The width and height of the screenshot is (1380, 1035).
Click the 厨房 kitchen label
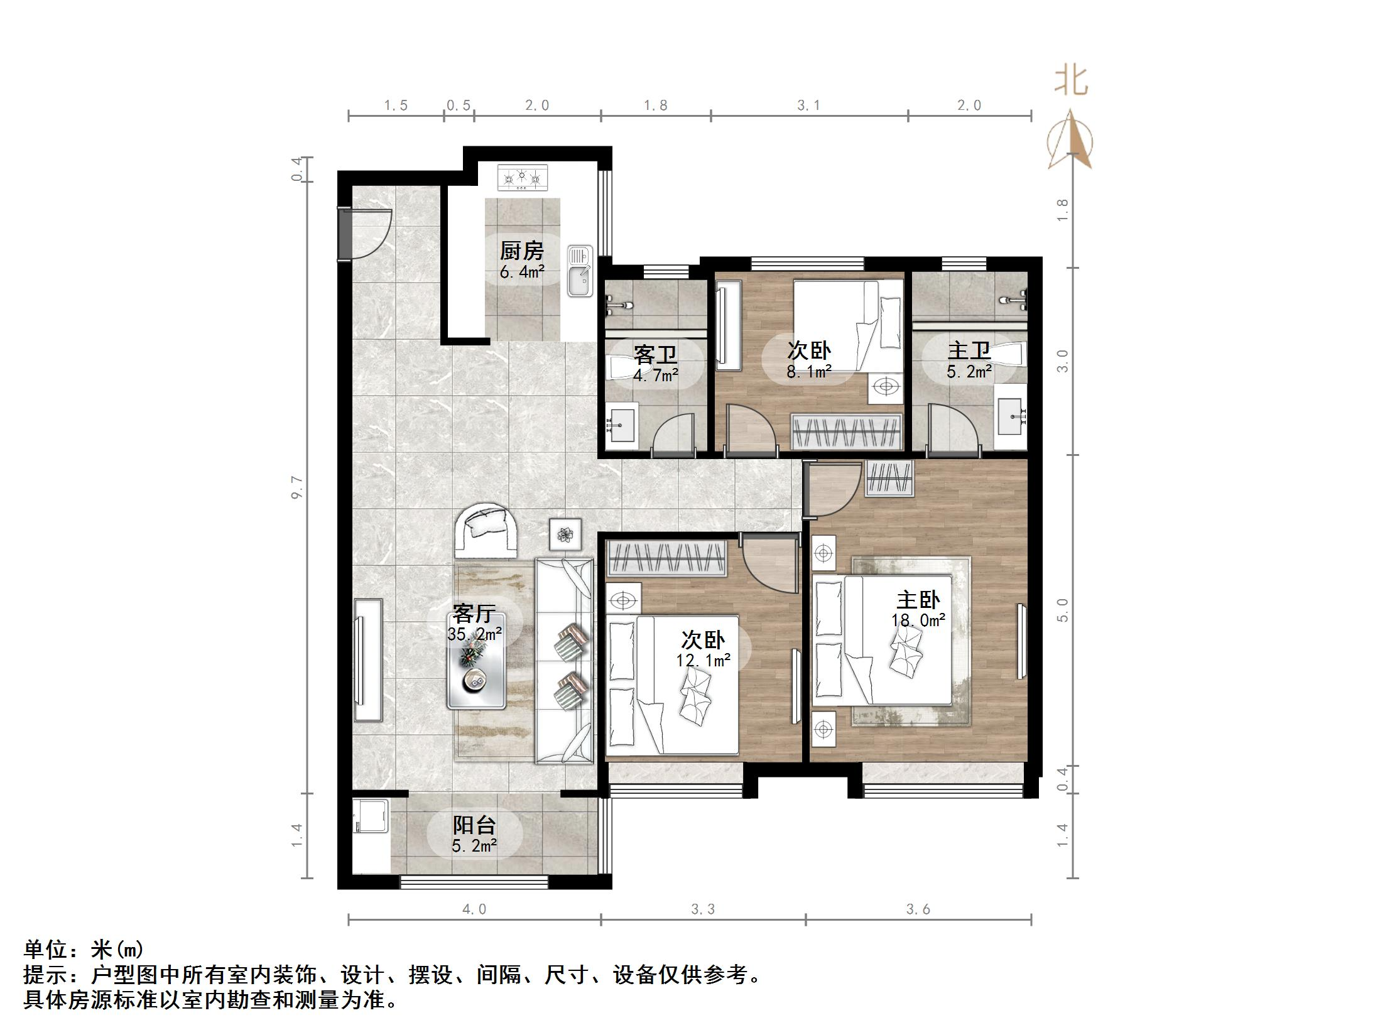(x=521, y=251)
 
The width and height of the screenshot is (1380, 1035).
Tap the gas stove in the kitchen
(x=523, y=178)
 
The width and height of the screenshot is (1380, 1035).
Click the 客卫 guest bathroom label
(x=655, y=355)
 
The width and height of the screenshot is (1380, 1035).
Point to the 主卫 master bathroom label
(x=969, y=350)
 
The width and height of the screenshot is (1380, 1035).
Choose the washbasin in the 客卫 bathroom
(x=622, y=425)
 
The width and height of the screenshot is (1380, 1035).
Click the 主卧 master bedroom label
(x=918, y=600)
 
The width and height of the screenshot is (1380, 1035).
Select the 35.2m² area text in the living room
(x=474, y=634)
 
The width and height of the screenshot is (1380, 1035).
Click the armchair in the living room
(x=487, y=530)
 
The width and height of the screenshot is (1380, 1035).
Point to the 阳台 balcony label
(x=475, y=825)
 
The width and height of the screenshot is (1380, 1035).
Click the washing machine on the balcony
(x=371, y=816)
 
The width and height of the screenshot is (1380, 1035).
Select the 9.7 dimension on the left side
(x=297, y=487)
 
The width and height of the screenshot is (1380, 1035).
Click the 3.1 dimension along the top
(x=809, y=106)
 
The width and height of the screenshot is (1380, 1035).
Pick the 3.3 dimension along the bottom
(x=703, y=909)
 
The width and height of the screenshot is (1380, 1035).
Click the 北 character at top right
(x=1071, y=81)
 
